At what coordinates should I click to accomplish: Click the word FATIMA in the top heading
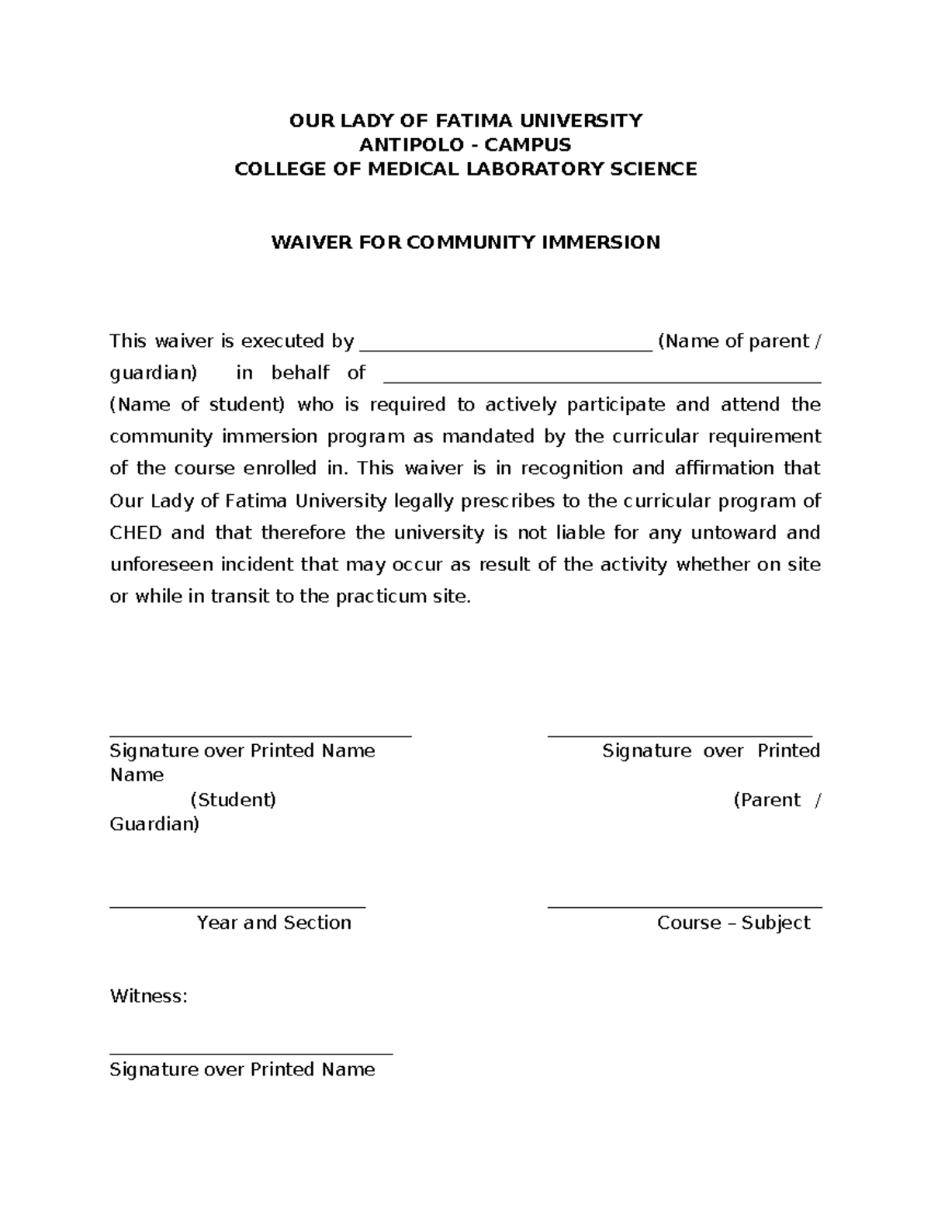coord(473,120)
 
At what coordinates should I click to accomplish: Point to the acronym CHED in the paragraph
coord(135,533)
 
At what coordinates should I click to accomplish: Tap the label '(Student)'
coord(233,800)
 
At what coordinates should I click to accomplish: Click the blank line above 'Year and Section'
coord(237,906)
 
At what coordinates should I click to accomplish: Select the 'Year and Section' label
coord(274,923)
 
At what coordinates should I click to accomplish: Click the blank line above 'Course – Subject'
coord(684,906)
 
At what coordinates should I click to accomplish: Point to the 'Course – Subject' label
coord(733,923)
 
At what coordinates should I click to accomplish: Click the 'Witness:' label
coord(149,996)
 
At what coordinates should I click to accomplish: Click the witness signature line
coord(251,1054)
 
